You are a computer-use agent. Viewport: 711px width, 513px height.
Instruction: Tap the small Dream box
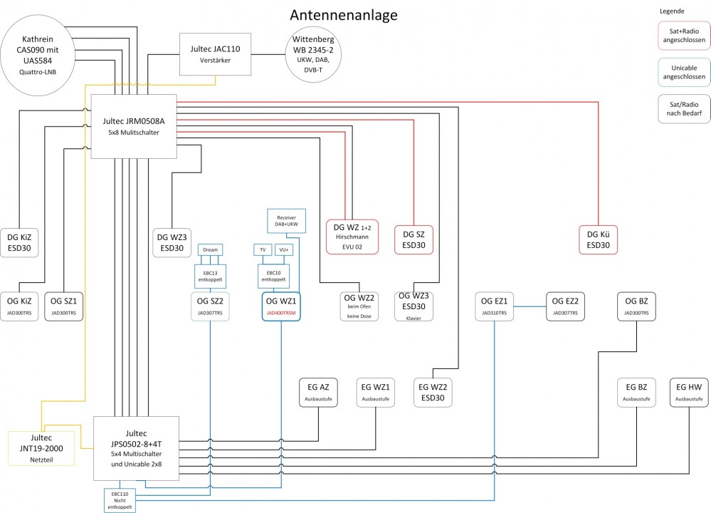tap(210, 250)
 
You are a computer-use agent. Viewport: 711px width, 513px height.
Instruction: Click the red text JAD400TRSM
tap(281, 313)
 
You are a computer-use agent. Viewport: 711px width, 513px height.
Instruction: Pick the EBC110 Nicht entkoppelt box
tap(120, 500)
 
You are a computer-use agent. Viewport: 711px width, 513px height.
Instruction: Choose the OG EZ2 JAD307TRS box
tap(566, 307)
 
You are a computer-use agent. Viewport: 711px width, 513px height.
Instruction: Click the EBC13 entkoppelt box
tap(210, 276)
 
